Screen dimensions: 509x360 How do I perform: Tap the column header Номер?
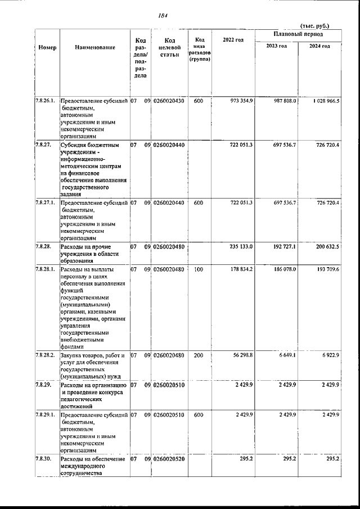47,47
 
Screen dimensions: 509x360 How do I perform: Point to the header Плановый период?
298,35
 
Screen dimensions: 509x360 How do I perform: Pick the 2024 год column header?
319,46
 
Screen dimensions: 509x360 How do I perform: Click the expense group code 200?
198,355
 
